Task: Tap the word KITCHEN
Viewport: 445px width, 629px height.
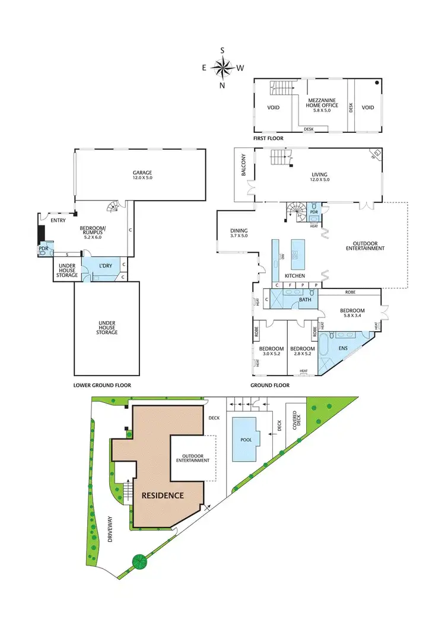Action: [x=294, y=277]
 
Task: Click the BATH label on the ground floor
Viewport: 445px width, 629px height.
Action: [x=305, y=300]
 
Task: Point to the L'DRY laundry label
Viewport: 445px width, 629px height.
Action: [x=106, y=265]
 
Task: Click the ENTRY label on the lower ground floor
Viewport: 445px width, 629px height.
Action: [x=58, y=220]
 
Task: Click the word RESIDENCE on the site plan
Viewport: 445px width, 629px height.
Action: [x=162, y=495]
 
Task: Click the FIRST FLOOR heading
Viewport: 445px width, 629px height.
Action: [x=268, y=138]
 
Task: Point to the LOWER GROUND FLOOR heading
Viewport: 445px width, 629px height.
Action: [x=102, y=385]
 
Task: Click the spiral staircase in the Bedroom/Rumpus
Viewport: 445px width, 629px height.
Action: [x=112, y=207]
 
